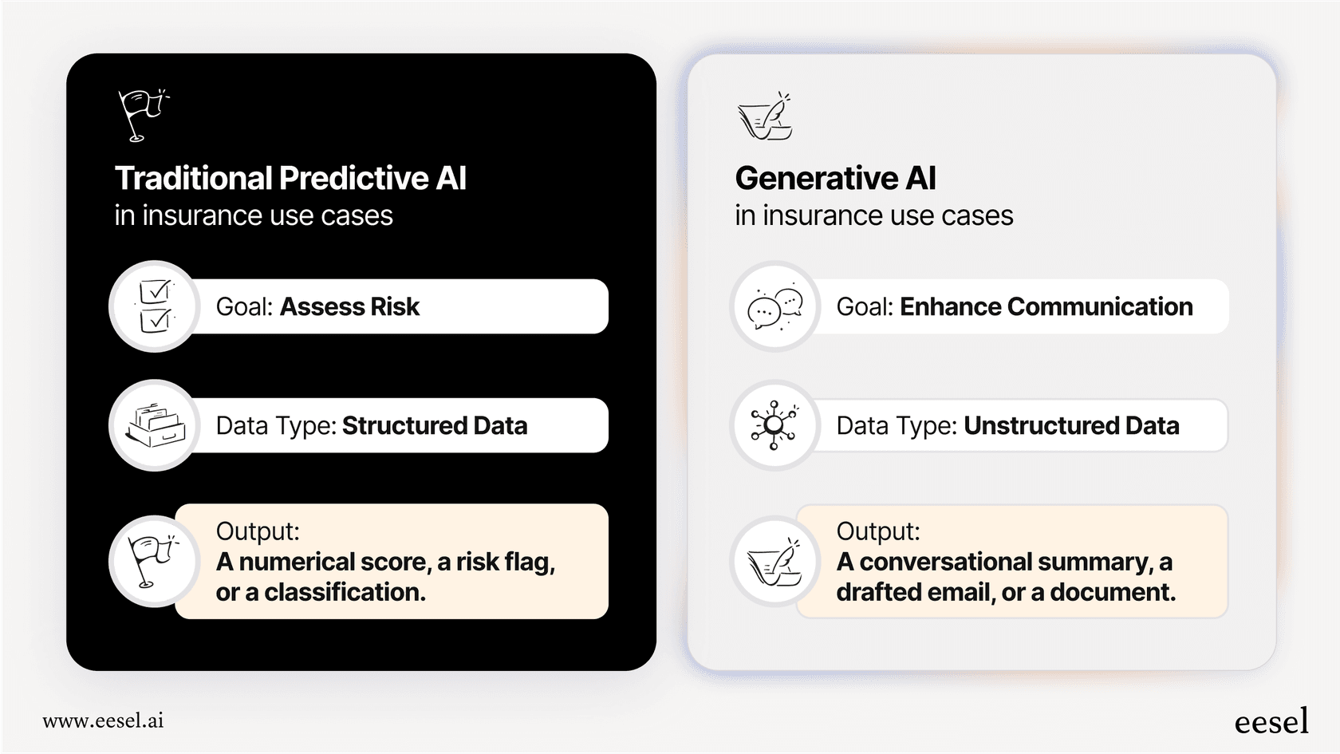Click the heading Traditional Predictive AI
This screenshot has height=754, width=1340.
290,178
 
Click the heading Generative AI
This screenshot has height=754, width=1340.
835,178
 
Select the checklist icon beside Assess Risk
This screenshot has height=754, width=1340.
155,306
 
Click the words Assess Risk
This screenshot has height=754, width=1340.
349,306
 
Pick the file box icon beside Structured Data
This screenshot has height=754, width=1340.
155,425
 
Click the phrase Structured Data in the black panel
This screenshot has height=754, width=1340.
435,425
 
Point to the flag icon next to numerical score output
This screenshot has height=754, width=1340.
153,561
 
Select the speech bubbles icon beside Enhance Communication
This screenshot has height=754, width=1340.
774,307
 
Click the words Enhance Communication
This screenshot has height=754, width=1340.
1046,306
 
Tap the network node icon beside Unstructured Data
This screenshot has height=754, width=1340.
774,425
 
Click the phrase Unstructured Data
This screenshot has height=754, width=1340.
1071,425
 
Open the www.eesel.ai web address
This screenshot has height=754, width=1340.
103,720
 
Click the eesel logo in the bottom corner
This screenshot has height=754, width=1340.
1271,721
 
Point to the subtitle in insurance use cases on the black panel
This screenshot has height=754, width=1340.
254,215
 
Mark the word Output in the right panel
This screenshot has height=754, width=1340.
877,531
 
